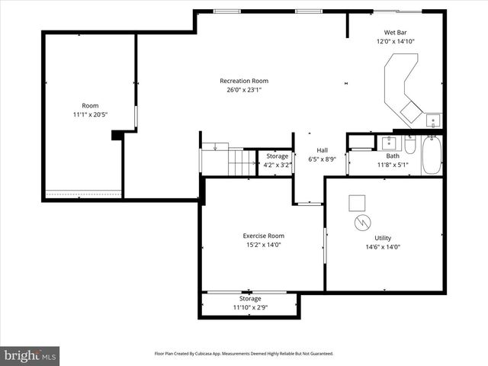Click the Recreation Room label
[244, 81]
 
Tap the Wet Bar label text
[394, 32]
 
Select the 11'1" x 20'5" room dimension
[90, 115]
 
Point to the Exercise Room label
[264, 236]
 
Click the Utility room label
[382, 238]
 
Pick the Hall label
[323, 151]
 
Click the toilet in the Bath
[409, 146]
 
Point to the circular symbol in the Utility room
[361, 223]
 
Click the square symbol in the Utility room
[358, 203]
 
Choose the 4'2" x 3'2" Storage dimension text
[277, 164]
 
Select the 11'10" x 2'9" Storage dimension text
[250, 307]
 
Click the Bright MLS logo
[30, 355]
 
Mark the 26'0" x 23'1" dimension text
[244, 89]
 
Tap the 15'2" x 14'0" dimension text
[264, 245]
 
